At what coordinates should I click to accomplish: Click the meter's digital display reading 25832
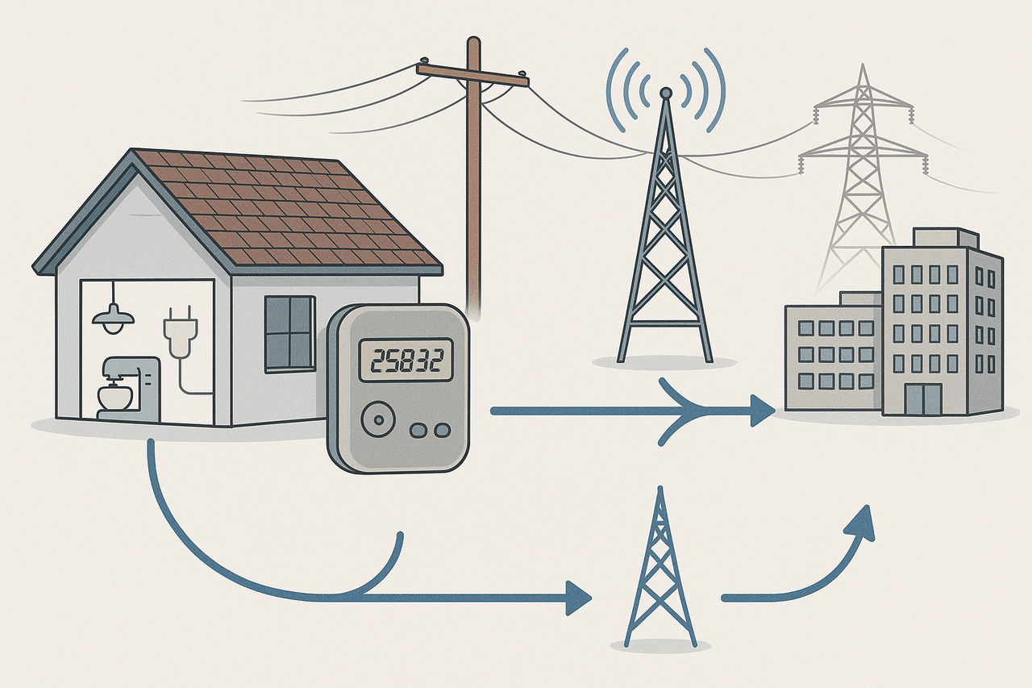click(x=406, y=360)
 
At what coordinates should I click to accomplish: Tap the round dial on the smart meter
click(x=378, y=419)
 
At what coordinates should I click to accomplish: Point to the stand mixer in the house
click(x=128, y=389)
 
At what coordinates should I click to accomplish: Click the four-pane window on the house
click(x=289, y=334)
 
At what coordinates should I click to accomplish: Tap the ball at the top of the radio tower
click(x=665, y=93)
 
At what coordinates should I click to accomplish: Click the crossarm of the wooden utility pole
click(x=472, y=75)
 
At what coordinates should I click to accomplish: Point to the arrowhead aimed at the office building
click(x=763, y=411)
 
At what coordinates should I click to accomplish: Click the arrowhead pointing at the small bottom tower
click(x=579, y=598)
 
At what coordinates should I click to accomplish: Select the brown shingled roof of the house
click(x=285, y=210)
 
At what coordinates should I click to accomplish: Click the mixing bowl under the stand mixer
click(x=115, y=397)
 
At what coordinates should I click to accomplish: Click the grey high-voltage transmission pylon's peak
click(x=863, y=65)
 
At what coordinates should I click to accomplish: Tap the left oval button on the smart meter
click(x=418, y=430)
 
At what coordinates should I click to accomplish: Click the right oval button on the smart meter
click(x=443, y=430)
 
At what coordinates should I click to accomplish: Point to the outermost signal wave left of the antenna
click(x=617, y=90)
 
